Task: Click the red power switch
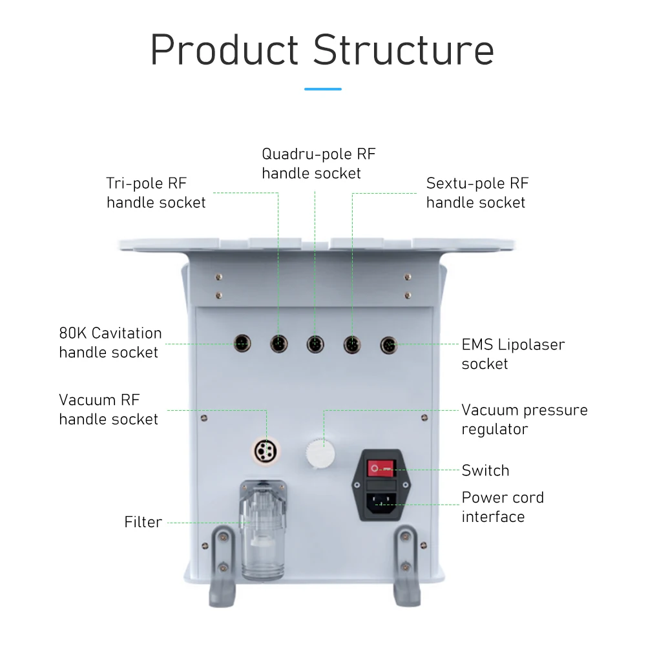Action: click(381, 468)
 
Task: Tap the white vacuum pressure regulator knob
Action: click(320, 453)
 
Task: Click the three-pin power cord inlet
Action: click(382, 503)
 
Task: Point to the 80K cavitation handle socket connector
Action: click(242, 343)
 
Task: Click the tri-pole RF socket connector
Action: click(279, 344)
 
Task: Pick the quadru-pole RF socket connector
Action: click(315, 344)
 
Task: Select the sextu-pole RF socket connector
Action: click(352, 344)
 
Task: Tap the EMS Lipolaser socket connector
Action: click(389, 345)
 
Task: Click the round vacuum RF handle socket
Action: click(266, 451)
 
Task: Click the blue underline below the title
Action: click(323, 89)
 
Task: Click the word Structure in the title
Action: click(403, 50)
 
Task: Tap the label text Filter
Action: click(143, 522)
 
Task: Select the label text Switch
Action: click(485, 470)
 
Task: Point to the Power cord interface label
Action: click(503, 506)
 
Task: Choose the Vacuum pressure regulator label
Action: click(525, 419)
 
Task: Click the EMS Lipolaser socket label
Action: click(513, 354)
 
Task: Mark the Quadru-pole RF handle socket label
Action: click(318, 163)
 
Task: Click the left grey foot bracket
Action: click(222, 567)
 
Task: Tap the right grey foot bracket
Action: click(407, 566)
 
